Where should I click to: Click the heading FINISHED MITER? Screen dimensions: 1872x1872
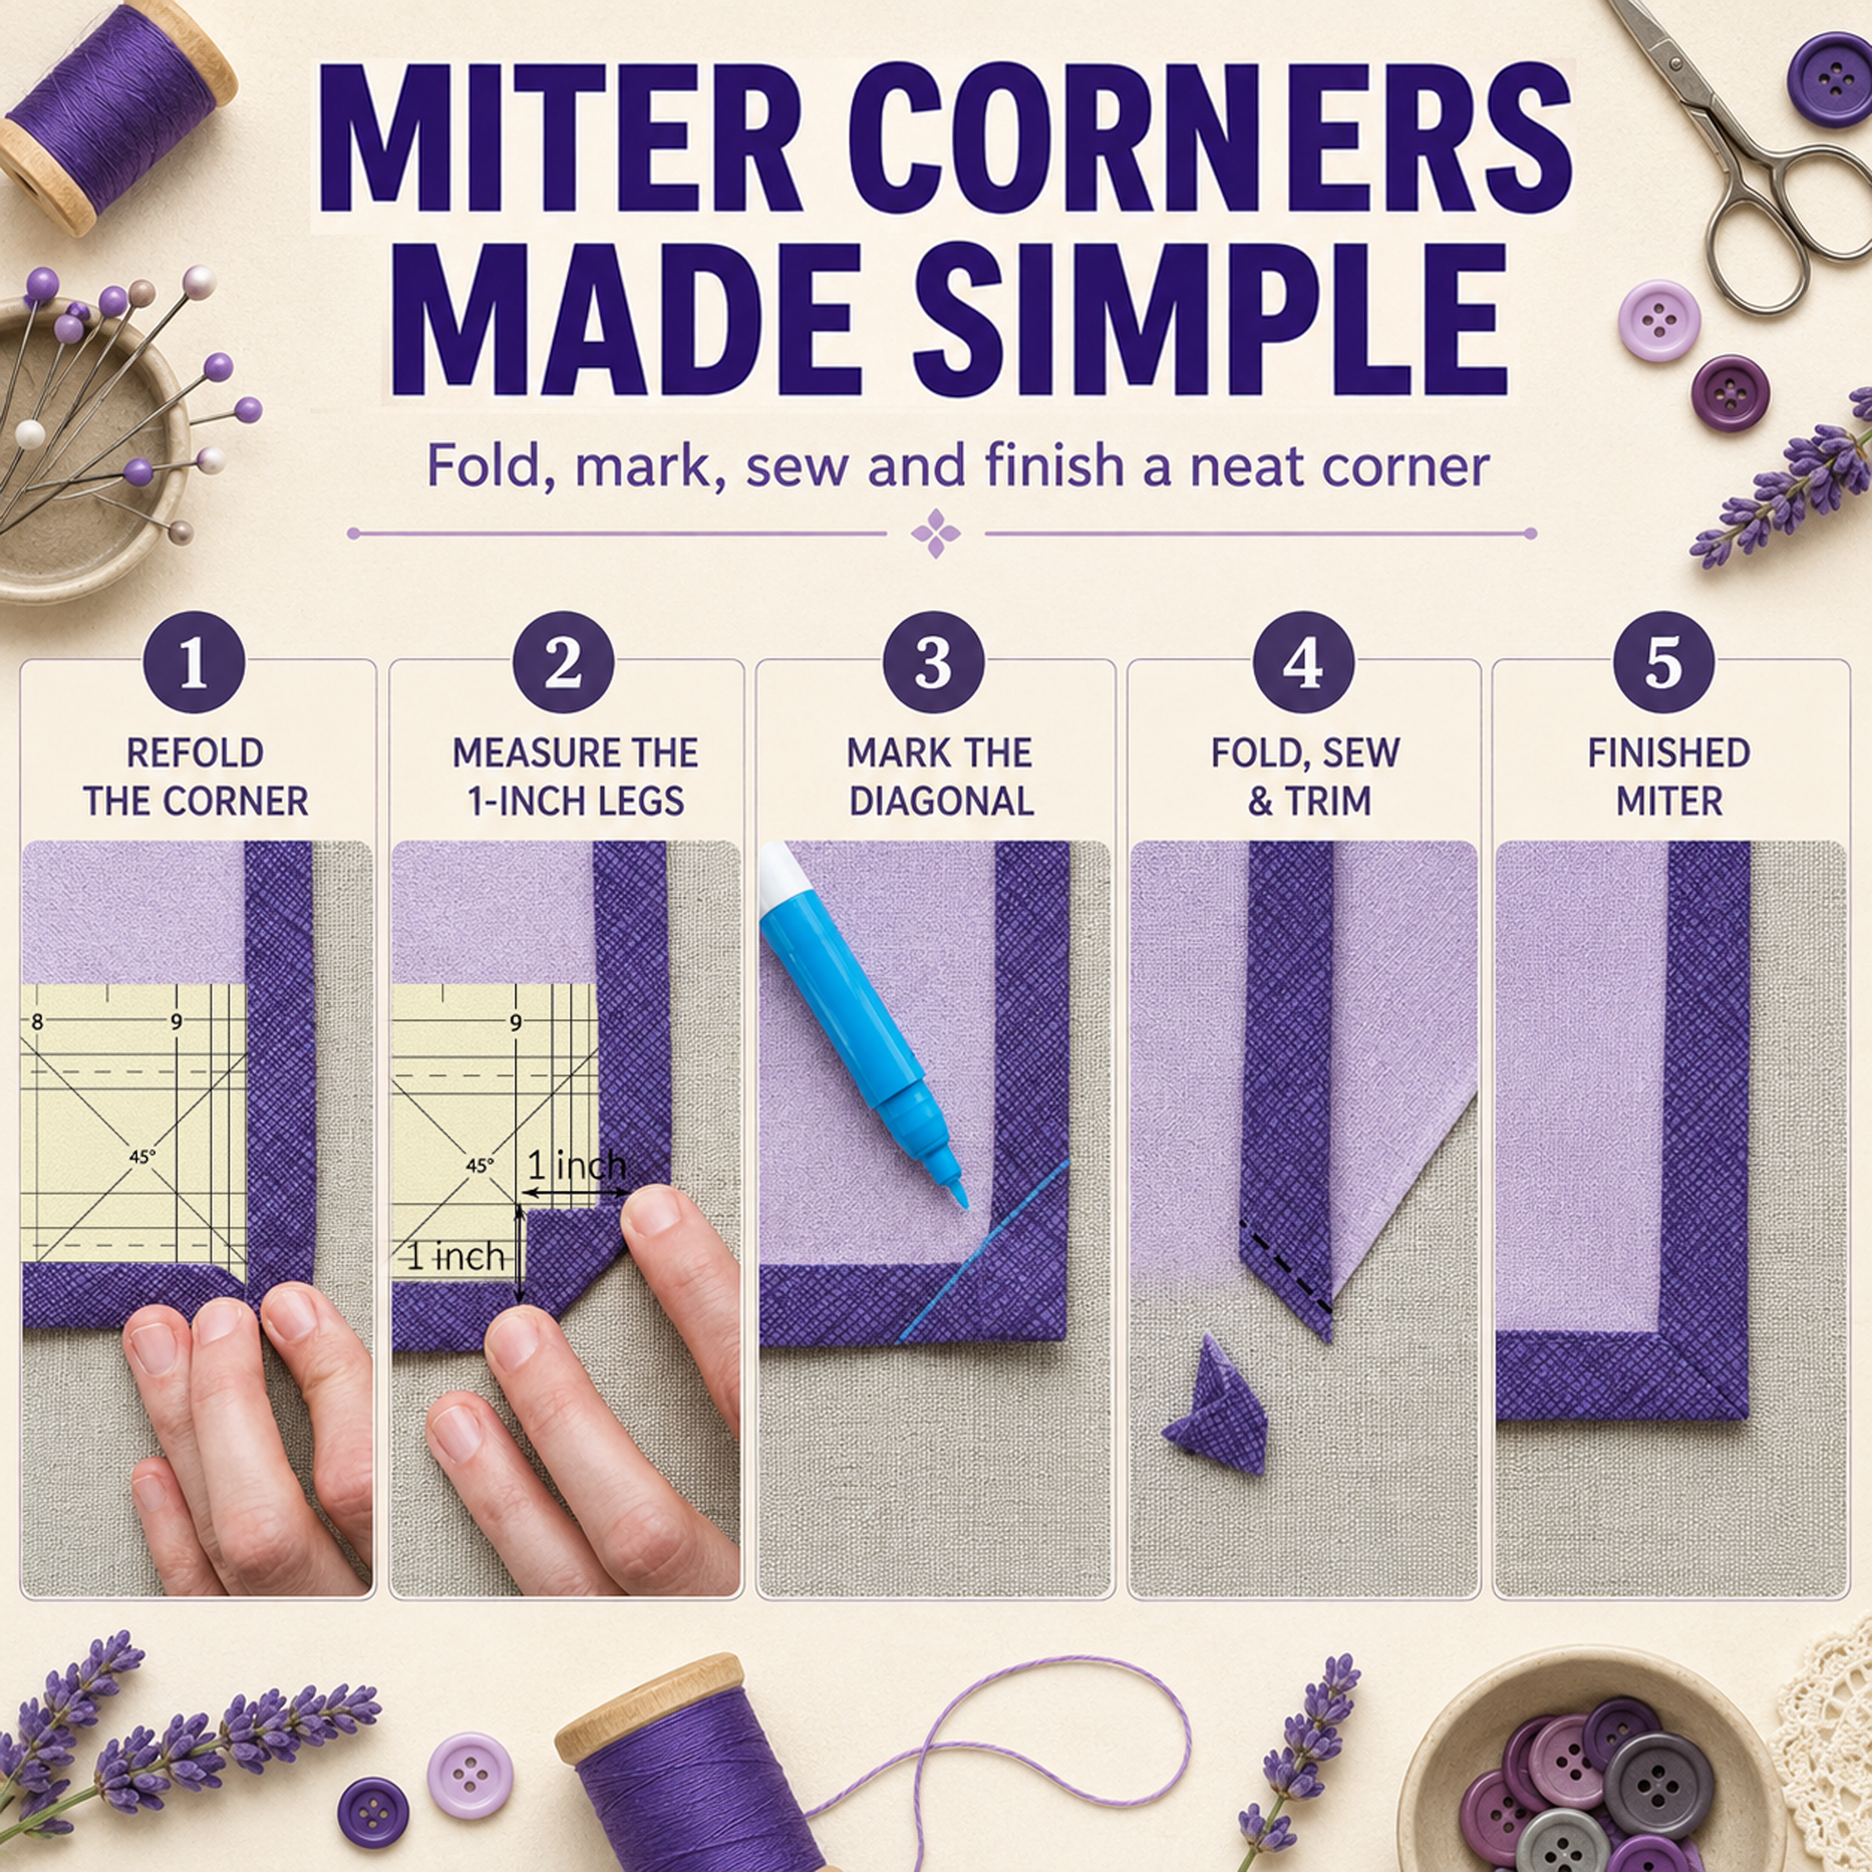(1669, 777)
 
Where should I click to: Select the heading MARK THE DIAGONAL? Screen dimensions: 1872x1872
(940, 777)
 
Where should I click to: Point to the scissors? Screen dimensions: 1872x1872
(1735, 155)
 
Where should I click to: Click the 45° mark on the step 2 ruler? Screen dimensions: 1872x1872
(480, 1166)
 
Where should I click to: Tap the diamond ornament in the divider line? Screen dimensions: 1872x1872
(936, 534)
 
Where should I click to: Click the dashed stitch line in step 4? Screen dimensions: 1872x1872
(1287, 1270)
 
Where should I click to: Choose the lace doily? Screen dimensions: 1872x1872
(1826, 1735)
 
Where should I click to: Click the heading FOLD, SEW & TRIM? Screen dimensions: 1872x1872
(1306, 777)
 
